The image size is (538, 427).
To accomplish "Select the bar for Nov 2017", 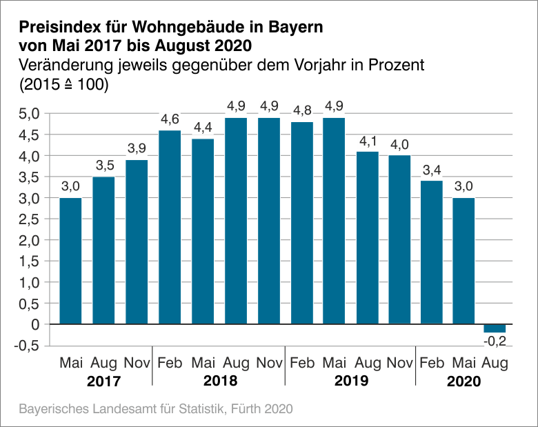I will (x=137, y=241).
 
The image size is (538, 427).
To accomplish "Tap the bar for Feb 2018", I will (x=170, y=227).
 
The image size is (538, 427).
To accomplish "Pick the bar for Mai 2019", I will (x=335, y=221).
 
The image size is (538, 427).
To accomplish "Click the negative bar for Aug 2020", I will (x=495, y=328).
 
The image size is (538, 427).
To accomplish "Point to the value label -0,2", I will (x=495, y=341).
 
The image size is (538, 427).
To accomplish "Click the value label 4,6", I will (x=170, y=120).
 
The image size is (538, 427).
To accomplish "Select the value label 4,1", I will (x=368, y=141).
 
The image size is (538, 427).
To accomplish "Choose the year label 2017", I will (x=103, y=381).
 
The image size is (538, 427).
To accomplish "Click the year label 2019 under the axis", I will (x=351, y=381).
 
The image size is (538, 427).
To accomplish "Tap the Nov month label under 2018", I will (x=268, y=363).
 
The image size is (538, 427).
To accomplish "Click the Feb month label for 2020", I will (x=431, y=363).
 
